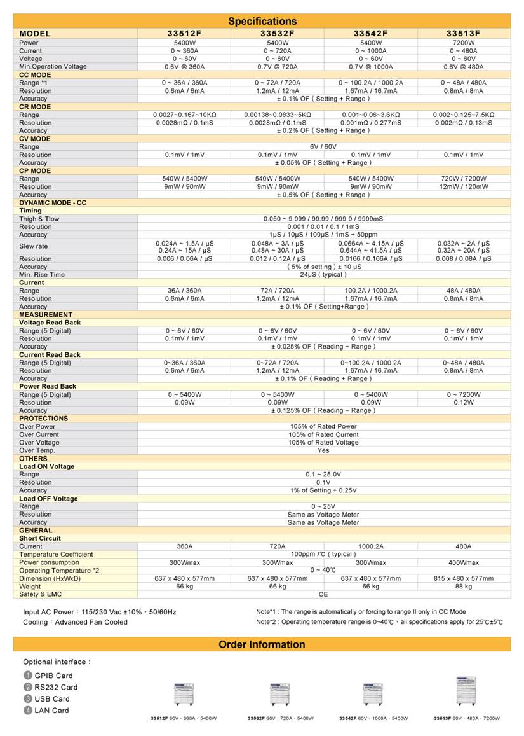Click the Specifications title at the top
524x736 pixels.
pyautogui.click(x=262, y=21)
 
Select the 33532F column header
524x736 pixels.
pyautogui.click(x=277, y=33)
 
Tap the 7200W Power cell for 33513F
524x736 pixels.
pyautogui.click(x=464, y=43)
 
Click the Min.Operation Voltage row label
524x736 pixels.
pyautogui.click(x=53, y=66)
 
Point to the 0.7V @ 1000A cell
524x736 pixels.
pyautogui.click(x=371, y=66)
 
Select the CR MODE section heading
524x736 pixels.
pyautogui.click(x=35, y=107)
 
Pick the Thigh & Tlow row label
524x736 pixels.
pyautogui.click(x=39, y=219)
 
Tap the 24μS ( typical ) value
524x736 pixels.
pyautogui.click(x=323, y=275)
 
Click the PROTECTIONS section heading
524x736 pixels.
pyautogui.click(x=43, y=419)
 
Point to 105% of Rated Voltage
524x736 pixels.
pyautogui.click(x=323, y=442)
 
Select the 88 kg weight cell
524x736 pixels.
pyautogui.click(x=464, y=586)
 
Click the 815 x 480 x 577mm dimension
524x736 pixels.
pyautogui.click(x=464, y=578)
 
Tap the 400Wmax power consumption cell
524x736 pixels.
pyautogui.click(x=464, y=562)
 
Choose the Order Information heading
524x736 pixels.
pyautogui.click(x=262, y=644)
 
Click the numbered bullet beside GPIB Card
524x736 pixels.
pyautogui.click(x=27, y=676)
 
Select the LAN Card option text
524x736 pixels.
pyautogui.click(x=51, y=710)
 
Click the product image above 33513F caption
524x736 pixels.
pyautogui.click(x=466, y=691)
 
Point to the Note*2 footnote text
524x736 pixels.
pyautogui.click(x=379, y=621)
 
